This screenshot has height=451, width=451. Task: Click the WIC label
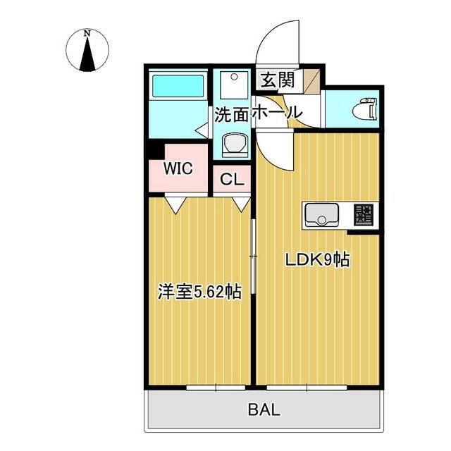point(178,169)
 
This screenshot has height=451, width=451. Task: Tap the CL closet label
point(232,180)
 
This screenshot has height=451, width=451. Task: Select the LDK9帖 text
point(317,259)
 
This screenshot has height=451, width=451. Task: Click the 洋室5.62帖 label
point(199,292)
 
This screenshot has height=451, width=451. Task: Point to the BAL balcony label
point(264,409)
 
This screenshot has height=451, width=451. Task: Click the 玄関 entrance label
point(278,80)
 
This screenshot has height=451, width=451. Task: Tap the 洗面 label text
point(232,113)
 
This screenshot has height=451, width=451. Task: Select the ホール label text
point(277,113)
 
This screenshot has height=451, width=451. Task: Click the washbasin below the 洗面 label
point(233,145)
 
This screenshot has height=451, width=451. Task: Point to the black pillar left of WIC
point(154,150)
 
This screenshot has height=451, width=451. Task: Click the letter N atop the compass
point(87,33)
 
